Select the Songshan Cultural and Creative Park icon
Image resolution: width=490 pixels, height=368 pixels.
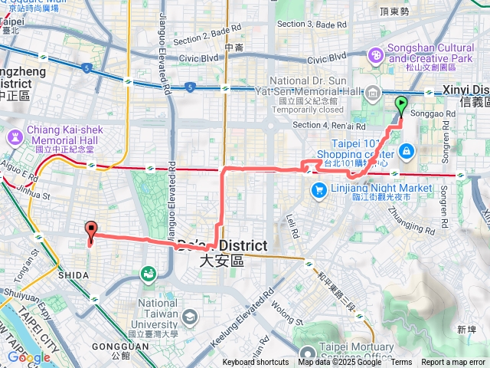(376, 54)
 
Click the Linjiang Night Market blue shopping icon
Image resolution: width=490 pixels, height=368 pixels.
(315, 189)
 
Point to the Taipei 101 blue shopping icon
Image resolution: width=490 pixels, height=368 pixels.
(407, 150)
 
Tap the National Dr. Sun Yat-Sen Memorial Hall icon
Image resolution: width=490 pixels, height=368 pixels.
(373, 94)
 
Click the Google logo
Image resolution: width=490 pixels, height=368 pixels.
(29, 357)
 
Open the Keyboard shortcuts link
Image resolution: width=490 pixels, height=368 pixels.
(256, 363)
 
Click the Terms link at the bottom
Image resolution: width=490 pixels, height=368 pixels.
(401, 363)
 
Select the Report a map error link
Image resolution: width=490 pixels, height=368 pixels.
(454, 363)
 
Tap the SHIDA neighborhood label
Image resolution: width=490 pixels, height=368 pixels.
(72, 274)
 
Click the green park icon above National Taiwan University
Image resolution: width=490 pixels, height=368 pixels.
(148, 273)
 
